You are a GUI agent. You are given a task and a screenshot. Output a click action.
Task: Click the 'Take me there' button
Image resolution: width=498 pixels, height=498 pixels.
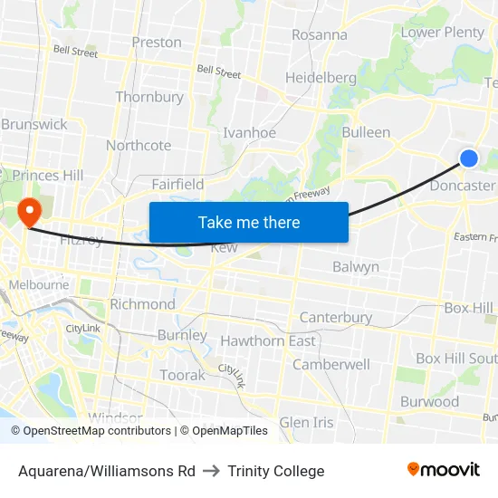pyautogui.click(x=249, y=222)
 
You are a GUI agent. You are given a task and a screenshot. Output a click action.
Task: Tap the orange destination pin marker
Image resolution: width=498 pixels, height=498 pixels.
pyautogui.click(x=30, y=212)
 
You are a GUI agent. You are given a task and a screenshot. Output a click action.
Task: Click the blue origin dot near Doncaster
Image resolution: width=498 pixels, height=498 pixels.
pyautogui.click(x=468, y=158)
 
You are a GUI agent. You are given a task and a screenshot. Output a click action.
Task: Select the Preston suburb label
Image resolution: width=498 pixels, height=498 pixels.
pyautogui.click(x=157, y=42)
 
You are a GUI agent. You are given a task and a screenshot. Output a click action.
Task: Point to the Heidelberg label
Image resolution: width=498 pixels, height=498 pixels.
pyautogui.click(x=321, y=78)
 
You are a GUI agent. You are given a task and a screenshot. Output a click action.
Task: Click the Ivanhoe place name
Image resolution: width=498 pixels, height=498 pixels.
pyautogui.click(x=250, y=132)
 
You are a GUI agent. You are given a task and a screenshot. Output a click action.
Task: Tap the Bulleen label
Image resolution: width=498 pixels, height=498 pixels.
pyautogui.click(x=366, y=132)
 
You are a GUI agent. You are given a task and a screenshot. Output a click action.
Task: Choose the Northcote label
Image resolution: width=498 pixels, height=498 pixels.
pyautogui.click(x=139, y=145)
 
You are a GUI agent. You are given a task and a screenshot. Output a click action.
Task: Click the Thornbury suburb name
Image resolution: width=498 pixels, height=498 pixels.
pyautogui.click(x=149, y=97)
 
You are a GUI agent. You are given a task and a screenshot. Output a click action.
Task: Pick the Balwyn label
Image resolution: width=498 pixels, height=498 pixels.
pyautogui.click(x=356, y=267)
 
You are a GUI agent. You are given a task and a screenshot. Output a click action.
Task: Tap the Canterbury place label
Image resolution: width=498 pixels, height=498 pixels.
pyautogui.click(x=335, y=318)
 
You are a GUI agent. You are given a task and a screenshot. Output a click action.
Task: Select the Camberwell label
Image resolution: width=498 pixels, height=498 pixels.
pyautogui.click(x=330, y=364)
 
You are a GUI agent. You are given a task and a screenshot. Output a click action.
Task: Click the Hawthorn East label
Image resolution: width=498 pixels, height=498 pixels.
pyautogui.click(x=268, y=340)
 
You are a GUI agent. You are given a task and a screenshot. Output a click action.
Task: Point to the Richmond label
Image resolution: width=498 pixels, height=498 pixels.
pyautogui.click(x=142, y=304)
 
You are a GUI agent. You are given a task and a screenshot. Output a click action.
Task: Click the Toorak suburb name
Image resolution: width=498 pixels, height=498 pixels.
pyautogui.click(x=183, y=375)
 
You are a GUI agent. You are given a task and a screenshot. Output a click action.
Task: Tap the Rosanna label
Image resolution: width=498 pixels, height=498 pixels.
pyautogui.click(x=319, y=35)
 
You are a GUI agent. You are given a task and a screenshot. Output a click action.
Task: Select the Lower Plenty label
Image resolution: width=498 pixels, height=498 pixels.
pyautogui.click(x=443, y=33)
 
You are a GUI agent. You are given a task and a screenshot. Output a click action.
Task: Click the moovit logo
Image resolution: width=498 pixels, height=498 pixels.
pyautogui.click(x=444, y=470)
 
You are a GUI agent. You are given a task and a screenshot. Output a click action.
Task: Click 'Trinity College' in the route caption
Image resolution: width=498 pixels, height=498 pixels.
pyautogui.click(x=276, y=471)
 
